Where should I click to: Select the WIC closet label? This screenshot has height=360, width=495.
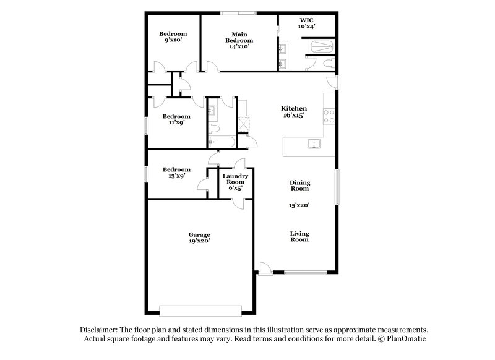pyautogui.click(x=306, y=23)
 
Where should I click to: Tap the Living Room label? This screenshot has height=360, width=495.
pyautogui.click(x=299, y=236)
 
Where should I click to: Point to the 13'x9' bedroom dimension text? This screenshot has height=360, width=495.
pyautogui.click(x=176, y=176)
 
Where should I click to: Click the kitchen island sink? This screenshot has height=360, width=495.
pyautogui.click(x=313, y=145)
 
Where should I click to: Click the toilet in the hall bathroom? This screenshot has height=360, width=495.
pyautogui.click(x=213, y=129)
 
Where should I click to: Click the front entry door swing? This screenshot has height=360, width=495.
pyautogui.click(x=264, y=267)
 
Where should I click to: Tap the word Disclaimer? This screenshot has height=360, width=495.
pyautogui.click(x=100, y=330)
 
